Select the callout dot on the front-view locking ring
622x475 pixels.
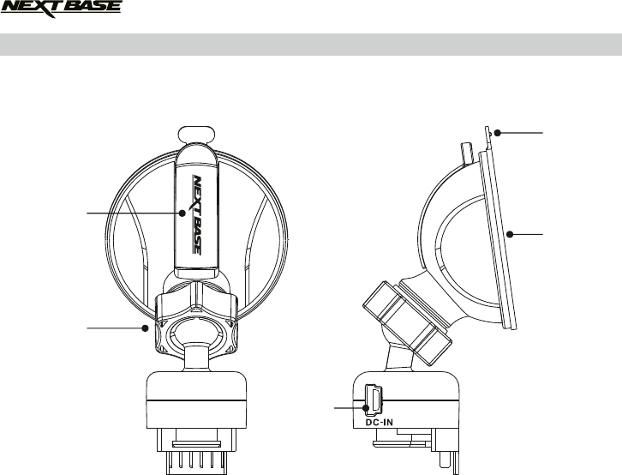(x=147, y=327)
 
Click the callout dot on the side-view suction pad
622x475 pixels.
(x=508, y=232)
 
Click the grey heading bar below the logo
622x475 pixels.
(x=311, y=45)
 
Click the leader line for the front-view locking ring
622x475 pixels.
(x=116, y=327)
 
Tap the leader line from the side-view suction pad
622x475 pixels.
(x=527, y=232)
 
